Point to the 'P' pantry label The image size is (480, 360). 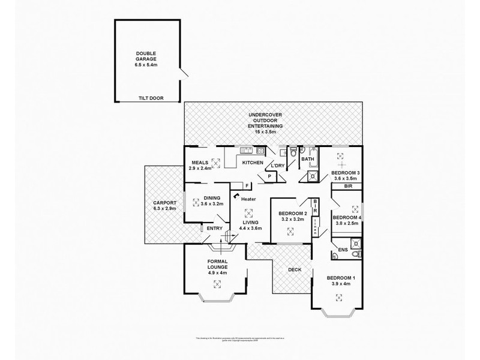tap(269, 176)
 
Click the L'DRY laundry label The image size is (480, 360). tap(277, 165)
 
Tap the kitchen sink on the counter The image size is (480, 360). tap(246, 150)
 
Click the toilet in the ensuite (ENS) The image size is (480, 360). tap(356, 254)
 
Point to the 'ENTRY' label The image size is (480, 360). tap(214, 228)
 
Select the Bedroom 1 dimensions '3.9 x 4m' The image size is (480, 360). tap(341, 284)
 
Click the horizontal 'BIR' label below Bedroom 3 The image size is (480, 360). tap(348, 187)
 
